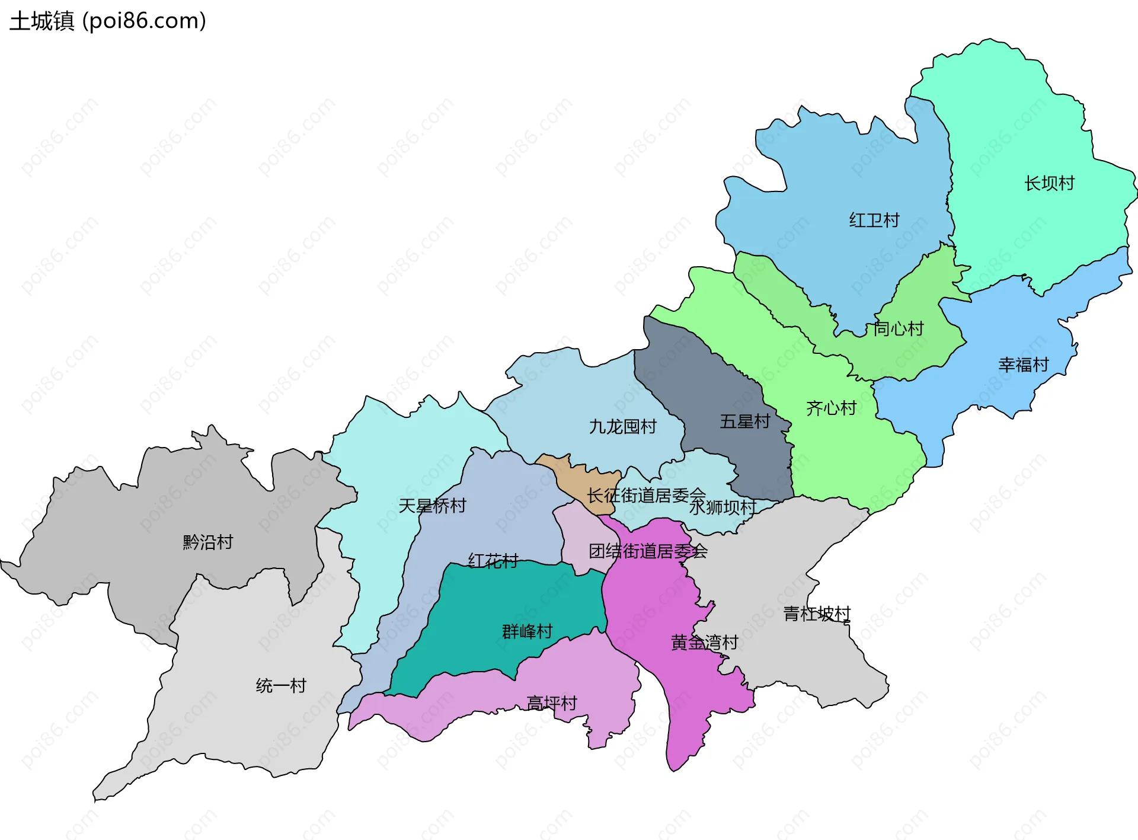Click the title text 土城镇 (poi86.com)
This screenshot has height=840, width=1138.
click(x=108, y=21)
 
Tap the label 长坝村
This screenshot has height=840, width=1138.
click(x=1049, y=183)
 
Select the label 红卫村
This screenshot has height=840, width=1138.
click(x=874, y=221)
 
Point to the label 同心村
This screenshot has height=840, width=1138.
click(x=899, y=328)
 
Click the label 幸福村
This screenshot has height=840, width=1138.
click(x=1024, y=365)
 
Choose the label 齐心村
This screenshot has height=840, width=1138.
click(x=831, y=408)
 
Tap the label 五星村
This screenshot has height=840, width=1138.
click(x=744, y=421)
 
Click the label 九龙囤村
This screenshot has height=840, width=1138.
click(x=622, y=426)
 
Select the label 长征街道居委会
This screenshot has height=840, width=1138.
click(x=646, y=494)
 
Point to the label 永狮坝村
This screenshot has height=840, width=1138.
click(x=722, y=507)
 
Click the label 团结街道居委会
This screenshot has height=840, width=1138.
click(x=648, y=551)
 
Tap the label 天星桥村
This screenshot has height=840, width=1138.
click(x=432, y=506)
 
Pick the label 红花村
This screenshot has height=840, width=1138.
click(x=493, y=560)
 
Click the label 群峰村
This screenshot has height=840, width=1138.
click(x=527, y=631)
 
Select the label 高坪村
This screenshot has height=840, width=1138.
click(x=552, y=703)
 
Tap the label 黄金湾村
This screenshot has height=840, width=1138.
click(x=704, y=643)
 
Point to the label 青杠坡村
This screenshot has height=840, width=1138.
click(x=817, y=614)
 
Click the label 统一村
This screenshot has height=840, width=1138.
click(x=281, y=686)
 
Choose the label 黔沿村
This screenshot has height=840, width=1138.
click(x=208, y=542)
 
